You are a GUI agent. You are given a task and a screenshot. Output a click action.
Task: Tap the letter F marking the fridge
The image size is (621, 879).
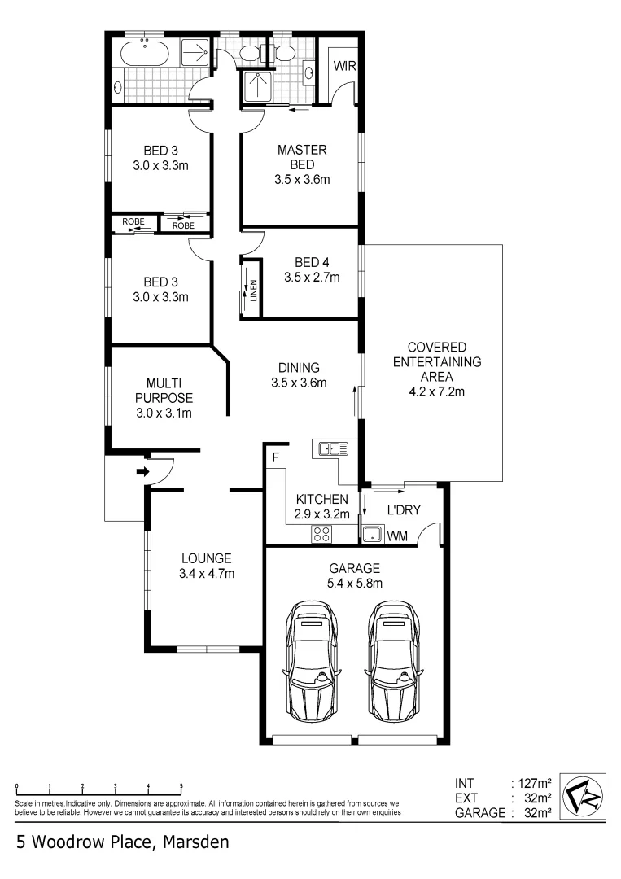click(276, 457)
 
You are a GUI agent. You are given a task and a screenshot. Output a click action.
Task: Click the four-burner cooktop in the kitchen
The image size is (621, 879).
click(321, 534)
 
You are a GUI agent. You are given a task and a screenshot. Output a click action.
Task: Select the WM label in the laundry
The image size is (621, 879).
click(397, 536)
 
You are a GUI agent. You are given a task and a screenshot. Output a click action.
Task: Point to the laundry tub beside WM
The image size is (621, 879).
click(373, 535)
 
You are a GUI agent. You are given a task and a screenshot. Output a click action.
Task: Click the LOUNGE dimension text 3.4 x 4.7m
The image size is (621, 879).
click(207, 574)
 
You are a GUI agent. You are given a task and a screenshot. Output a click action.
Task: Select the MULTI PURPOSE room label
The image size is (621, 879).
click(169, 391)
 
